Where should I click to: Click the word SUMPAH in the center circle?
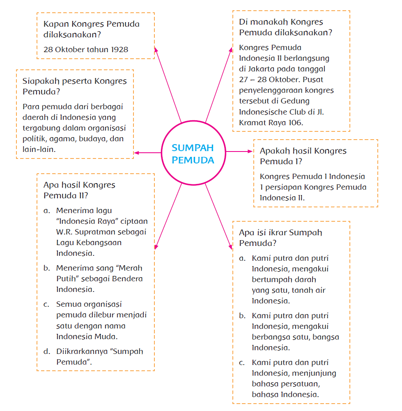[x=193, y=148]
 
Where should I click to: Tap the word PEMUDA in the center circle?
[x=193, y=160]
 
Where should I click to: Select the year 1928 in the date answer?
[x=119, y=50]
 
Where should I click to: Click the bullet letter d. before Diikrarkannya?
[x=47, y=351]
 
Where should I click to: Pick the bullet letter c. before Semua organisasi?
[x=47, y=305]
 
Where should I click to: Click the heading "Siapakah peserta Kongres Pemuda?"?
[x=74, y=86]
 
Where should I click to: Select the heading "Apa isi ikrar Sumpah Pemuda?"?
[x=280, y=237]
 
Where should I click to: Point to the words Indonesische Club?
[x=274, y=112]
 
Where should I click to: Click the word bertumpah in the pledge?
[x=272, y=280]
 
